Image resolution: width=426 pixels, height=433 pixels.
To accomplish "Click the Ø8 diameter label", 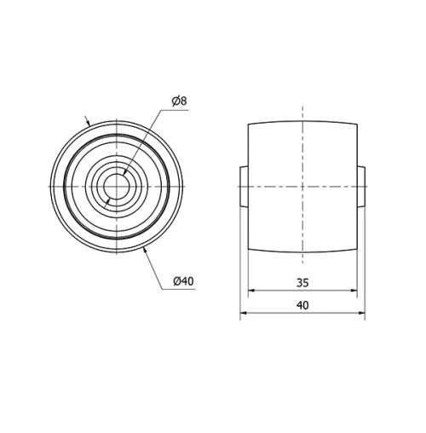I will click(x=179, y=101).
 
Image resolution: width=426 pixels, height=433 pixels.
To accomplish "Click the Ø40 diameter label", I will click(x=183, y=281).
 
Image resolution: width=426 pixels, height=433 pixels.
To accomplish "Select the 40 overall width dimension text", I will click(x=302, y=304).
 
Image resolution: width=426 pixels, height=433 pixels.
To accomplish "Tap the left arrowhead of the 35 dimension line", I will click(x=251, y=291).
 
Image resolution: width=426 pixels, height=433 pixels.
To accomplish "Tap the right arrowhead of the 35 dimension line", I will click(x=354, y=291).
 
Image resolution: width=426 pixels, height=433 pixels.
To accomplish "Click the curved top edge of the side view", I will click(x=302, y=119).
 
